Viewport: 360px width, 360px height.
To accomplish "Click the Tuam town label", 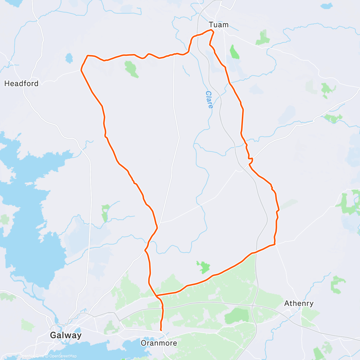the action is click(x=218, y=25).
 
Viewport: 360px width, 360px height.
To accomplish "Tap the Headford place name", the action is click(x=21, y=83).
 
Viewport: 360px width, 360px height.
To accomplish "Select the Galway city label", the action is click(x=66, y=335).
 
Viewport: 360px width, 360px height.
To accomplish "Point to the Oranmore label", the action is click(x=159, y=343).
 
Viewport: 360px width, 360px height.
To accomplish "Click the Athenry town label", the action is click(x=299, y=303).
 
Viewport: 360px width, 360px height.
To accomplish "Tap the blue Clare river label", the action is click(x=209, y=100).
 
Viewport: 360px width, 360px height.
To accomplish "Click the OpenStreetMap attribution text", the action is click(x=63, y=356).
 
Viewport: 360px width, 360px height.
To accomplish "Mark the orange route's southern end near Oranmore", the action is click(x=161, y=330).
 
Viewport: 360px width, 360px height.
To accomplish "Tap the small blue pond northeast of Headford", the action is click(x=69, y=58).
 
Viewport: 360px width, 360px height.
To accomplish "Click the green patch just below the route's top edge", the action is click(x=131, y=69).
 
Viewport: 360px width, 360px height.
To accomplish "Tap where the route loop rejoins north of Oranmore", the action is click(x=156, y=296).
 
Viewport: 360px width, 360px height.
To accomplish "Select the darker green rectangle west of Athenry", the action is click(x=237, y=316).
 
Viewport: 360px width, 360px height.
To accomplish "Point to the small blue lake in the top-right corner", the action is click(x=326, y=6).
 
